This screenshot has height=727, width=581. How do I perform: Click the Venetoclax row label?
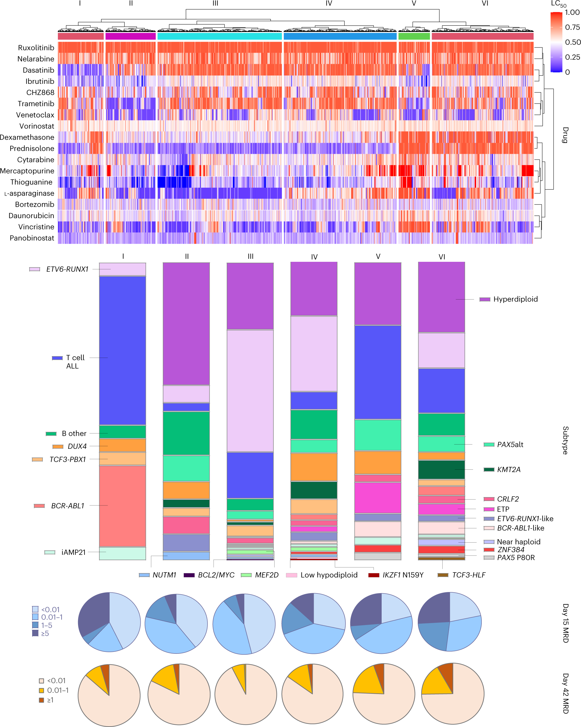point(35,115)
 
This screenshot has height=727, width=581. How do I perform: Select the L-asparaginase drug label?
point(29,194)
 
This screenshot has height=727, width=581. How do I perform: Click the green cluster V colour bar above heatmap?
point(414,36)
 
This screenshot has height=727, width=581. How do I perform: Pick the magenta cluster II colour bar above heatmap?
point(131,36)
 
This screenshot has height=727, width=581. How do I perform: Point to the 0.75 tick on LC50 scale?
point(573,27)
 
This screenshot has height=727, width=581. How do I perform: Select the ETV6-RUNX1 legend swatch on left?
point(34,269)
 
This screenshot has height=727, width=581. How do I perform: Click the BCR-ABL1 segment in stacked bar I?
point(122,506)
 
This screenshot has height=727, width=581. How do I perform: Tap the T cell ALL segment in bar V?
point(377,372)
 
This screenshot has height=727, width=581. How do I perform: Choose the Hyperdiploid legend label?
point(515,299)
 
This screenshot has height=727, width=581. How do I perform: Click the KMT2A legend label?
point(509,469)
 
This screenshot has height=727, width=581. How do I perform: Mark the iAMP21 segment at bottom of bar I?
point(122,553)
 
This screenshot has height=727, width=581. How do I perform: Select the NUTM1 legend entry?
point(164,575)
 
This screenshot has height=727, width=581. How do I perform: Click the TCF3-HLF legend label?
point(468,575)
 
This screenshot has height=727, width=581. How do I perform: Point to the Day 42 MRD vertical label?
point(565,693)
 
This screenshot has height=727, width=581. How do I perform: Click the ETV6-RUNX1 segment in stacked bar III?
point(250,391)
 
